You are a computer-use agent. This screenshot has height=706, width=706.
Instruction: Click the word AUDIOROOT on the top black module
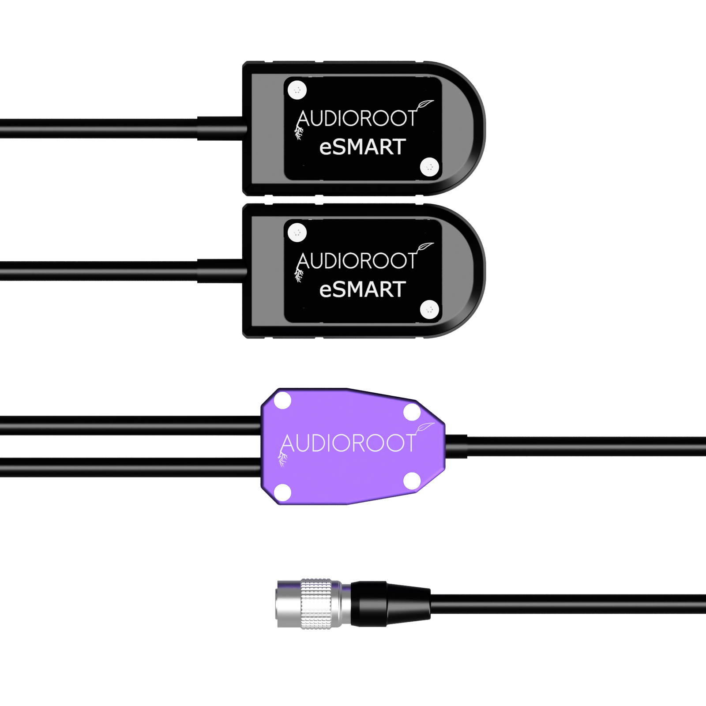point(357,119)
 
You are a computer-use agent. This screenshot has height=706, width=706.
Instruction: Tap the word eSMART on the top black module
point(362,147)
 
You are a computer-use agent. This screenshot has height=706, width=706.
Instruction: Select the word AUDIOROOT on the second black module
point(357,261)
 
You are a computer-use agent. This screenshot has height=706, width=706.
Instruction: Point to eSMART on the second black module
point(362,290)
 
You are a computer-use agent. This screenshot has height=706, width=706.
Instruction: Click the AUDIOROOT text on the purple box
point(348,443)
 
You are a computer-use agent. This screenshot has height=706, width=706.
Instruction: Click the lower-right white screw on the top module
point(429,167)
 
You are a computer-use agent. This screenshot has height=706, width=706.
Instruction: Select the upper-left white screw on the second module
point(297,232)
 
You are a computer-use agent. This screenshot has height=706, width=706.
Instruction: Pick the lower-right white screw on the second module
point(429,310)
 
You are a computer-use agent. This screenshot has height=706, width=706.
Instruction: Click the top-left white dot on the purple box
point(282,402)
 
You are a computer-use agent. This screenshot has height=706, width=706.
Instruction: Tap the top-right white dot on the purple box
point(412,413)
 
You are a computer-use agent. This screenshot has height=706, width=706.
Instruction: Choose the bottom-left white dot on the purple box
point(283,492)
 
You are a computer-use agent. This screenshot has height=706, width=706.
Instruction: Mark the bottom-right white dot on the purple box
point(412,481)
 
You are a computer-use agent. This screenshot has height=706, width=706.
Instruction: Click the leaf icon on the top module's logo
point(426,105)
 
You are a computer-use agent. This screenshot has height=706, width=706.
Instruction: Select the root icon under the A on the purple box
point(282,459)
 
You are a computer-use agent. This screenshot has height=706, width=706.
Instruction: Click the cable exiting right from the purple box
point(574,447)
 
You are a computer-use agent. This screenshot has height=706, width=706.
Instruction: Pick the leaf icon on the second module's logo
point(426,247)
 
